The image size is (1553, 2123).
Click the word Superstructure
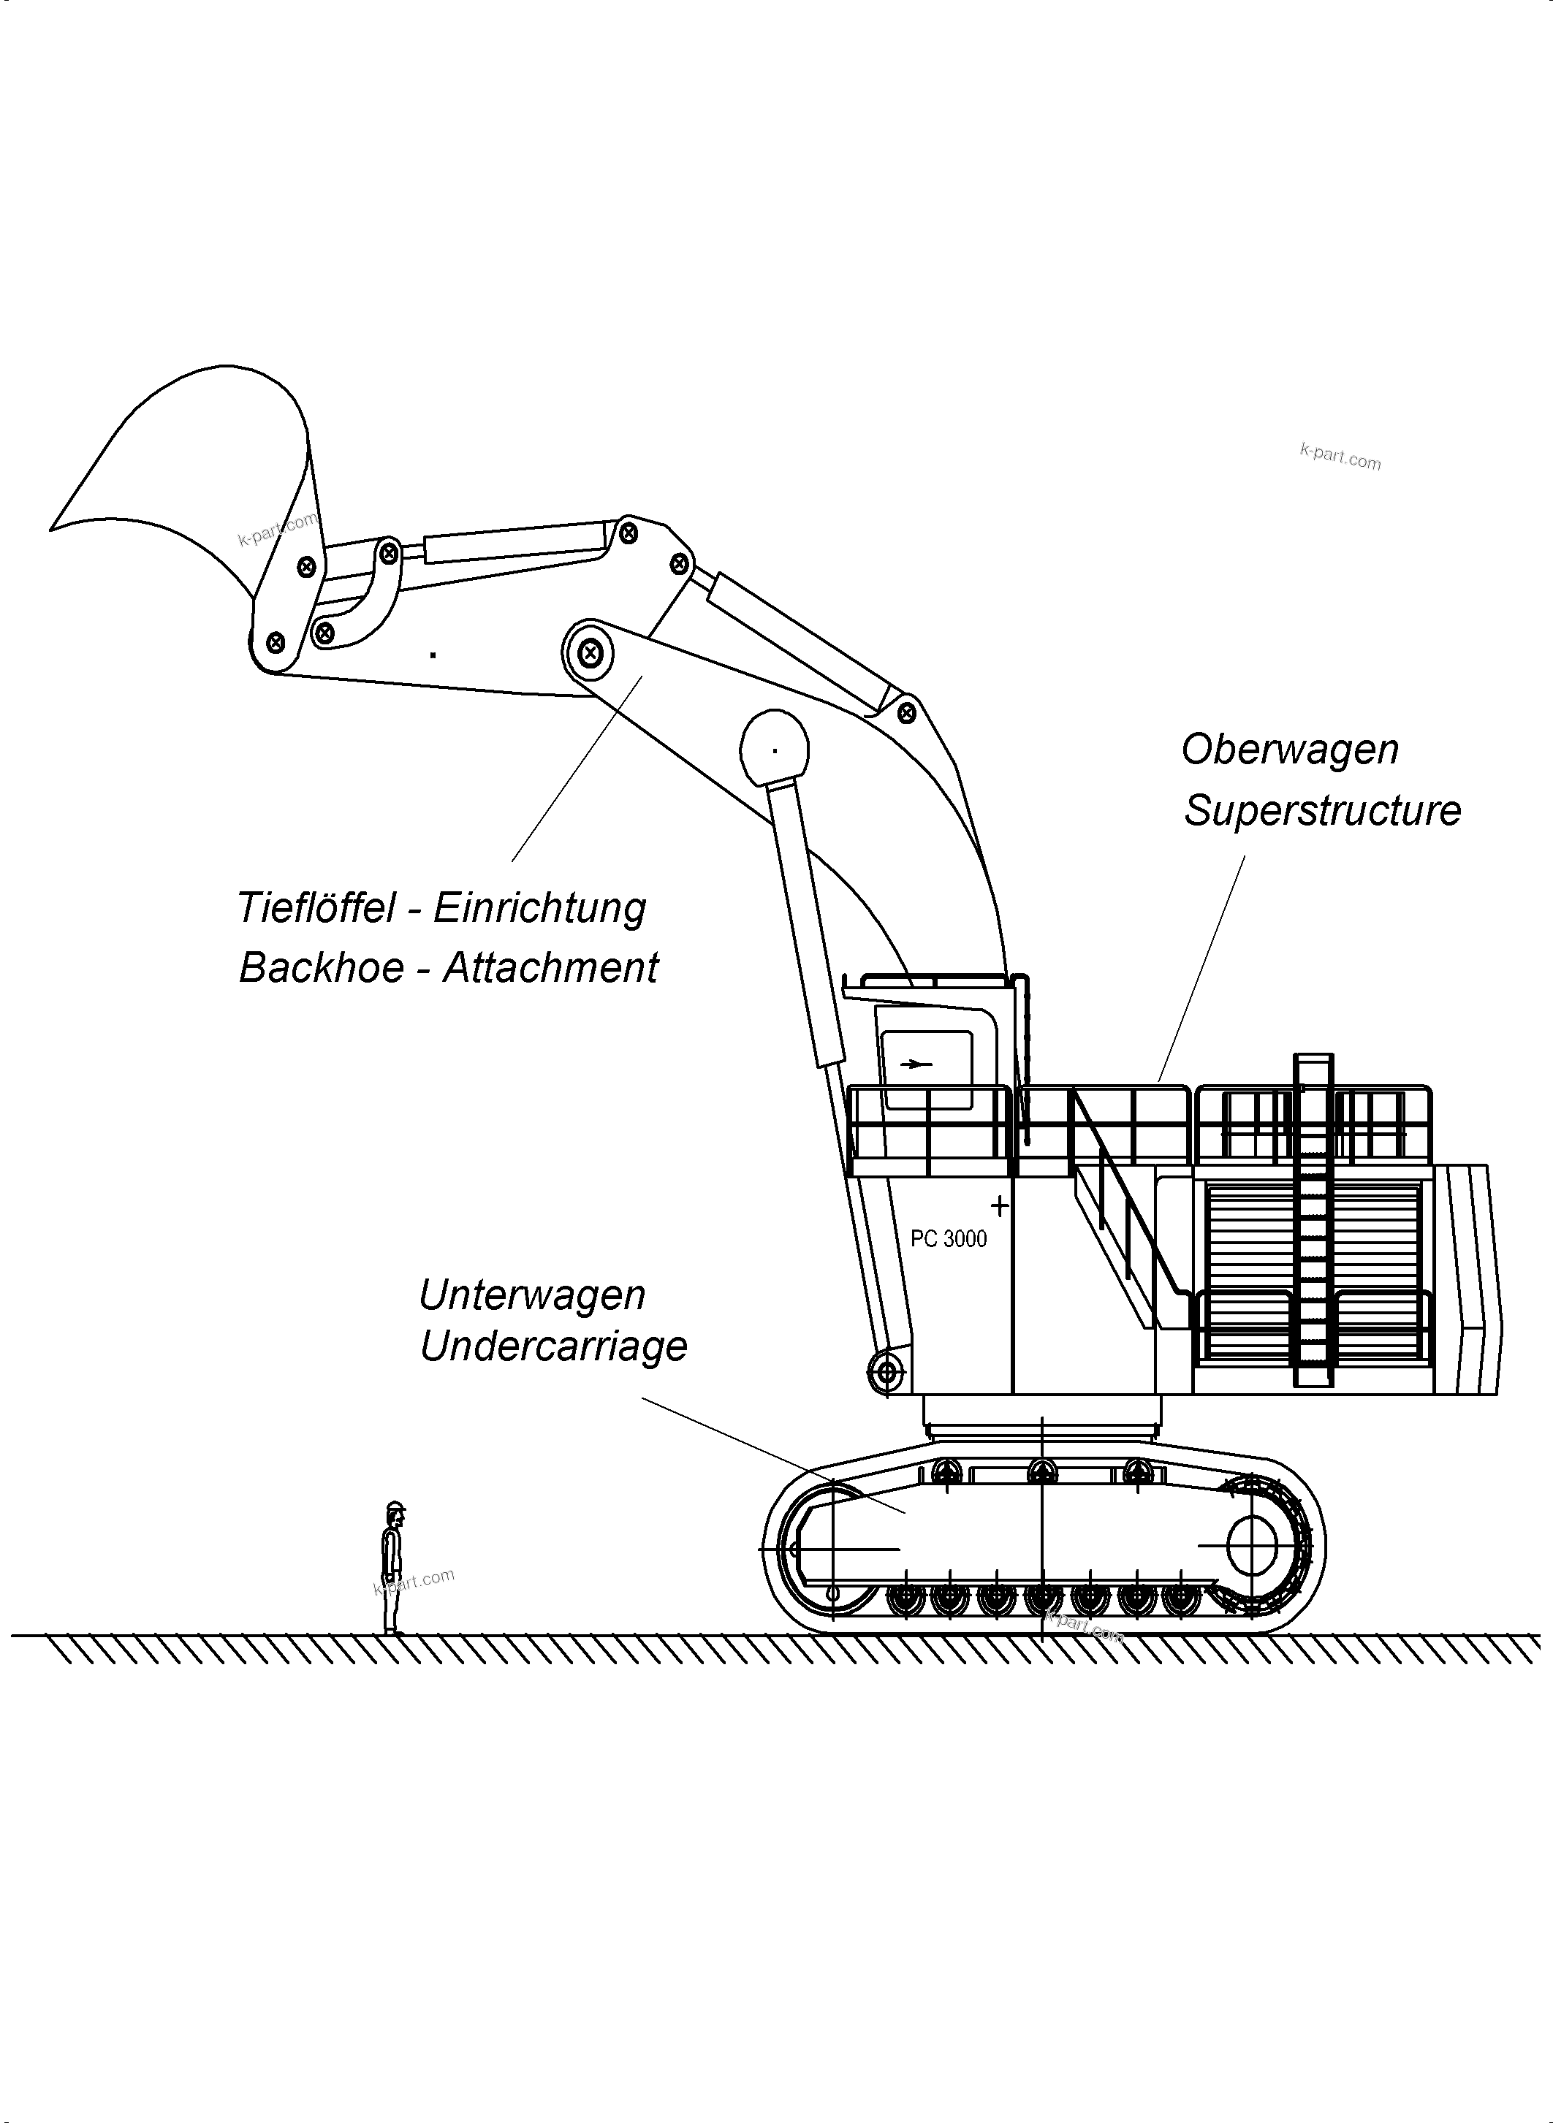tap(1322, 811)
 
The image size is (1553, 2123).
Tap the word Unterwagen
tap(532, 1295)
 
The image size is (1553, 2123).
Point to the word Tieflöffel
tap(316, 908)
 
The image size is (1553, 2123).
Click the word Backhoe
tap(322, 968)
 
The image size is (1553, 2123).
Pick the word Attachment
tap(551, 968)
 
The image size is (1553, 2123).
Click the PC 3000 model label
tap(949, 1238)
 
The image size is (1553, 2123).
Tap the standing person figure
tap(392, 1569)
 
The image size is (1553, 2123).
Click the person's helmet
tap(396, 1506)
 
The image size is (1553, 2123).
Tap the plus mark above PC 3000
tap(999, 1205)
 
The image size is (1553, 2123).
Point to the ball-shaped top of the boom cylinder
tap(775, 748)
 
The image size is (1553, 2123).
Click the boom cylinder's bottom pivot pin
tap(886, 1373)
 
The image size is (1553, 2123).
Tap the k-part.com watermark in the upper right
tap(1340, 457)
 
